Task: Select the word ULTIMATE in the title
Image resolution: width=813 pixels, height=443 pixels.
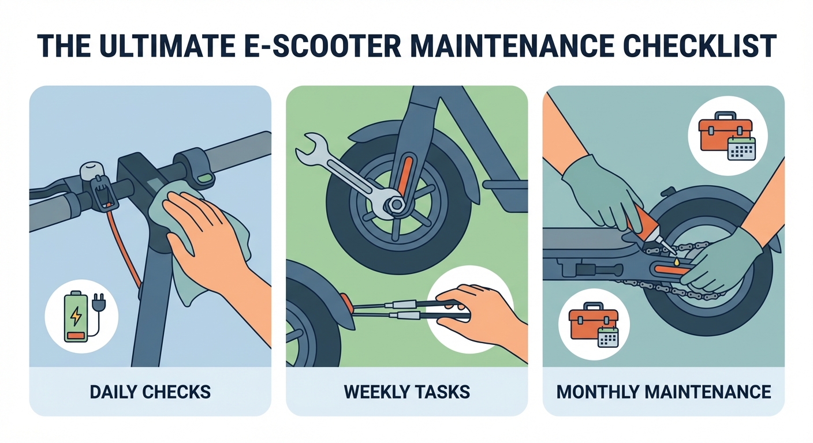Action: click(173, 47)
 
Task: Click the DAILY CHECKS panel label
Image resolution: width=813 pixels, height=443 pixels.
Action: click(150, 392)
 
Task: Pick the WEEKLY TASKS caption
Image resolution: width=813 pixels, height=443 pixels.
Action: click(406, 392)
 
